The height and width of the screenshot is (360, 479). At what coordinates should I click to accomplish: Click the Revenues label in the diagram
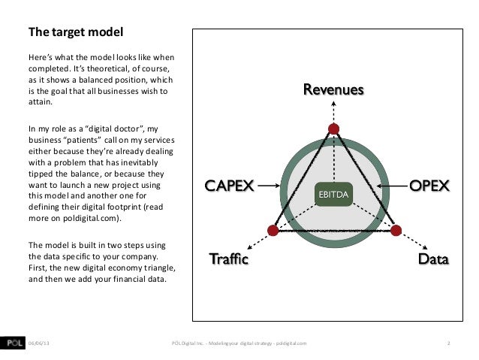[x=333, y=91]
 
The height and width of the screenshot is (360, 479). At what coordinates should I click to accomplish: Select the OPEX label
[x=428, y=185]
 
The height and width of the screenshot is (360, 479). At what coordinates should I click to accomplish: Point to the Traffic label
[x=227, y=261]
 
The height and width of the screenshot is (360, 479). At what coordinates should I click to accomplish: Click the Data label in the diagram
[x=433, y=260]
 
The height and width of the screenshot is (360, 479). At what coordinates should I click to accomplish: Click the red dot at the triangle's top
[x=333, y=129]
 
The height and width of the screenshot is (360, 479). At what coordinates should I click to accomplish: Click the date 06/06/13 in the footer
[x=41, y=343]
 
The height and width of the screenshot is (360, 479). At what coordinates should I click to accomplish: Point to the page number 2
[x=448, y=343]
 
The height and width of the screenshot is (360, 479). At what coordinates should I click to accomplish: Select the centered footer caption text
[x=239, y=343]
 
